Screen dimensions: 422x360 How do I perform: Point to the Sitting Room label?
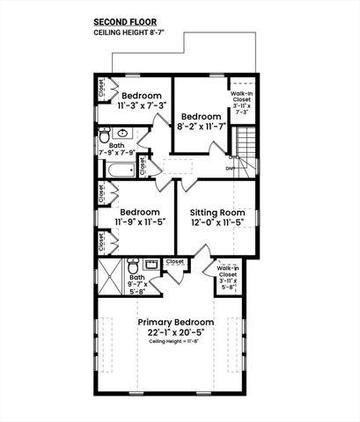(x=216, y=212)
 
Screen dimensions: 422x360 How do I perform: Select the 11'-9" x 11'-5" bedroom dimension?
(x=140, y=223)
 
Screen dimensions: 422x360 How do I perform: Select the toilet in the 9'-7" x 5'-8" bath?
(x=136, y=263)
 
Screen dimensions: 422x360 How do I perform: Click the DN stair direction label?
(x=231, y=167)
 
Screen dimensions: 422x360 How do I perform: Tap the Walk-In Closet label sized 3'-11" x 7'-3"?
(x=242, y=103)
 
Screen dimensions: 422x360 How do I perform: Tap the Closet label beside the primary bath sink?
(x=174, y=261)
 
